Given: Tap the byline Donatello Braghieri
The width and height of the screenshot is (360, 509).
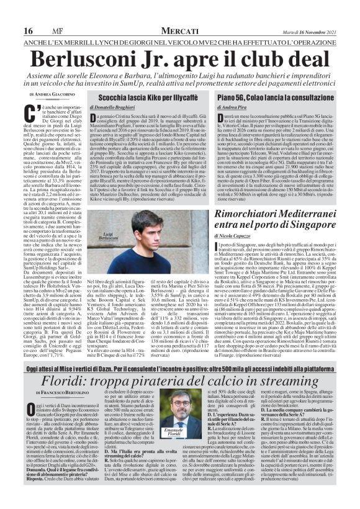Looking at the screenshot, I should pos(125,109).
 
